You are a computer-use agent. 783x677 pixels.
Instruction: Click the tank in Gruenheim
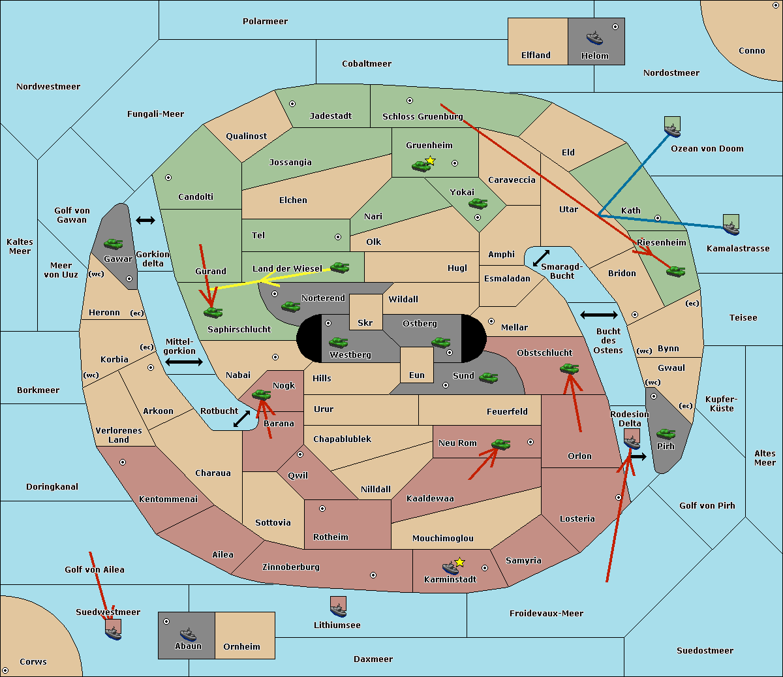click(422, 166)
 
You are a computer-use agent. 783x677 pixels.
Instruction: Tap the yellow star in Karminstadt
click(459, 562)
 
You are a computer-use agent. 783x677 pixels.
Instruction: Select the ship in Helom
click(594, 38)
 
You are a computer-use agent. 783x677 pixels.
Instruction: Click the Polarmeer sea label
click(265, 22)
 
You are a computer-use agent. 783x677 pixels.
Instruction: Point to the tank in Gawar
click(114, 244)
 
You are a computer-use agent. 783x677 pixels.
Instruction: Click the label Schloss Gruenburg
click(423, 116)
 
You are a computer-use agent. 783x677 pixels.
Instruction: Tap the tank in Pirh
click(666, 433)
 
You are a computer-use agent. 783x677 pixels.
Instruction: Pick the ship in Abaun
click(188, 634)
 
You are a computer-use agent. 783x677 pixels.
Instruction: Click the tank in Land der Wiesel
click(339, 267)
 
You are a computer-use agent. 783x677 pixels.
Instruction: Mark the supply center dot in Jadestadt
click(292, 104)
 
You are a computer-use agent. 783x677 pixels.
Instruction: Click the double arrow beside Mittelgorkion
click(184, 362)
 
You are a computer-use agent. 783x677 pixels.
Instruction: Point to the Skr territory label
click(365, 323)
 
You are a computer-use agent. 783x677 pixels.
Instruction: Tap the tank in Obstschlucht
click(570, 368)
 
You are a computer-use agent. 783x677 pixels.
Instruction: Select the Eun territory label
click(417, 375)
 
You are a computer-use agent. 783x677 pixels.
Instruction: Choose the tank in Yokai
click(478, 204)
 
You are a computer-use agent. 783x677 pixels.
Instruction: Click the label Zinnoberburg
click(291, 567)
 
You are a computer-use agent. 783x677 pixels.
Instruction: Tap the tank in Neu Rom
click(500, 444)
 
